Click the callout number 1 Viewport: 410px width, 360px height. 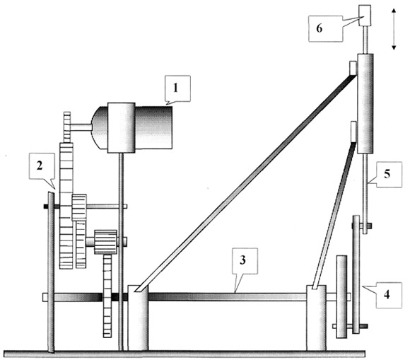coord(175,88)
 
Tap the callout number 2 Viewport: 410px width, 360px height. coord(40,166)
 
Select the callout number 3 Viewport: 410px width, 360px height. coord(242,260)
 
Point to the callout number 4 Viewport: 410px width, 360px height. coord(387,295)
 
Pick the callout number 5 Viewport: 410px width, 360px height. coord(387,174)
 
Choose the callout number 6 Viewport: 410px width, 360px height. coord(320,28)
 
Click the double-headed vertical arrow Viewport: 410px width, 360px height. coord(394,29)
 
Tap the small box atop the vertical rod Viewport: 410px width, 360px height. coord(365,16)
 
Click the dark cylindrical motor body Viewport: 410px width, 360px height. coord(153,127)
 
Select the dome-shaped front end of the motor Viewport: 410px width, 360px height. coord(100,127)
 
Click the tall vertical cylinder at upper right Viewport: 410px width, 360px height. coord(365,103)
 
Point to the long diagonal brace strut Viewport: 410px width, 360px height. coord(246,183)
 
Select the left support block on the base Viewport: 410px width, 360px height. coord(138,318)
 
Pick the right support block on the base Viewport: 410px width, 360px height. coord(317,318)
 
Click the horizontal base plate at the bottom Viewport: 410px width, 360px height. coord(184,354)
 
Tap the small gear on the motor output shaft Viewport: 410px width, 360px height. coord(67,127)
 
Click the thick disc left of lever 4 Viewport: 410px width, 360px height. coord(341,296)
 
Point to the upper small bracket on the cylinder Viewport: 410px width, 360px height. coord(353,68)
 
